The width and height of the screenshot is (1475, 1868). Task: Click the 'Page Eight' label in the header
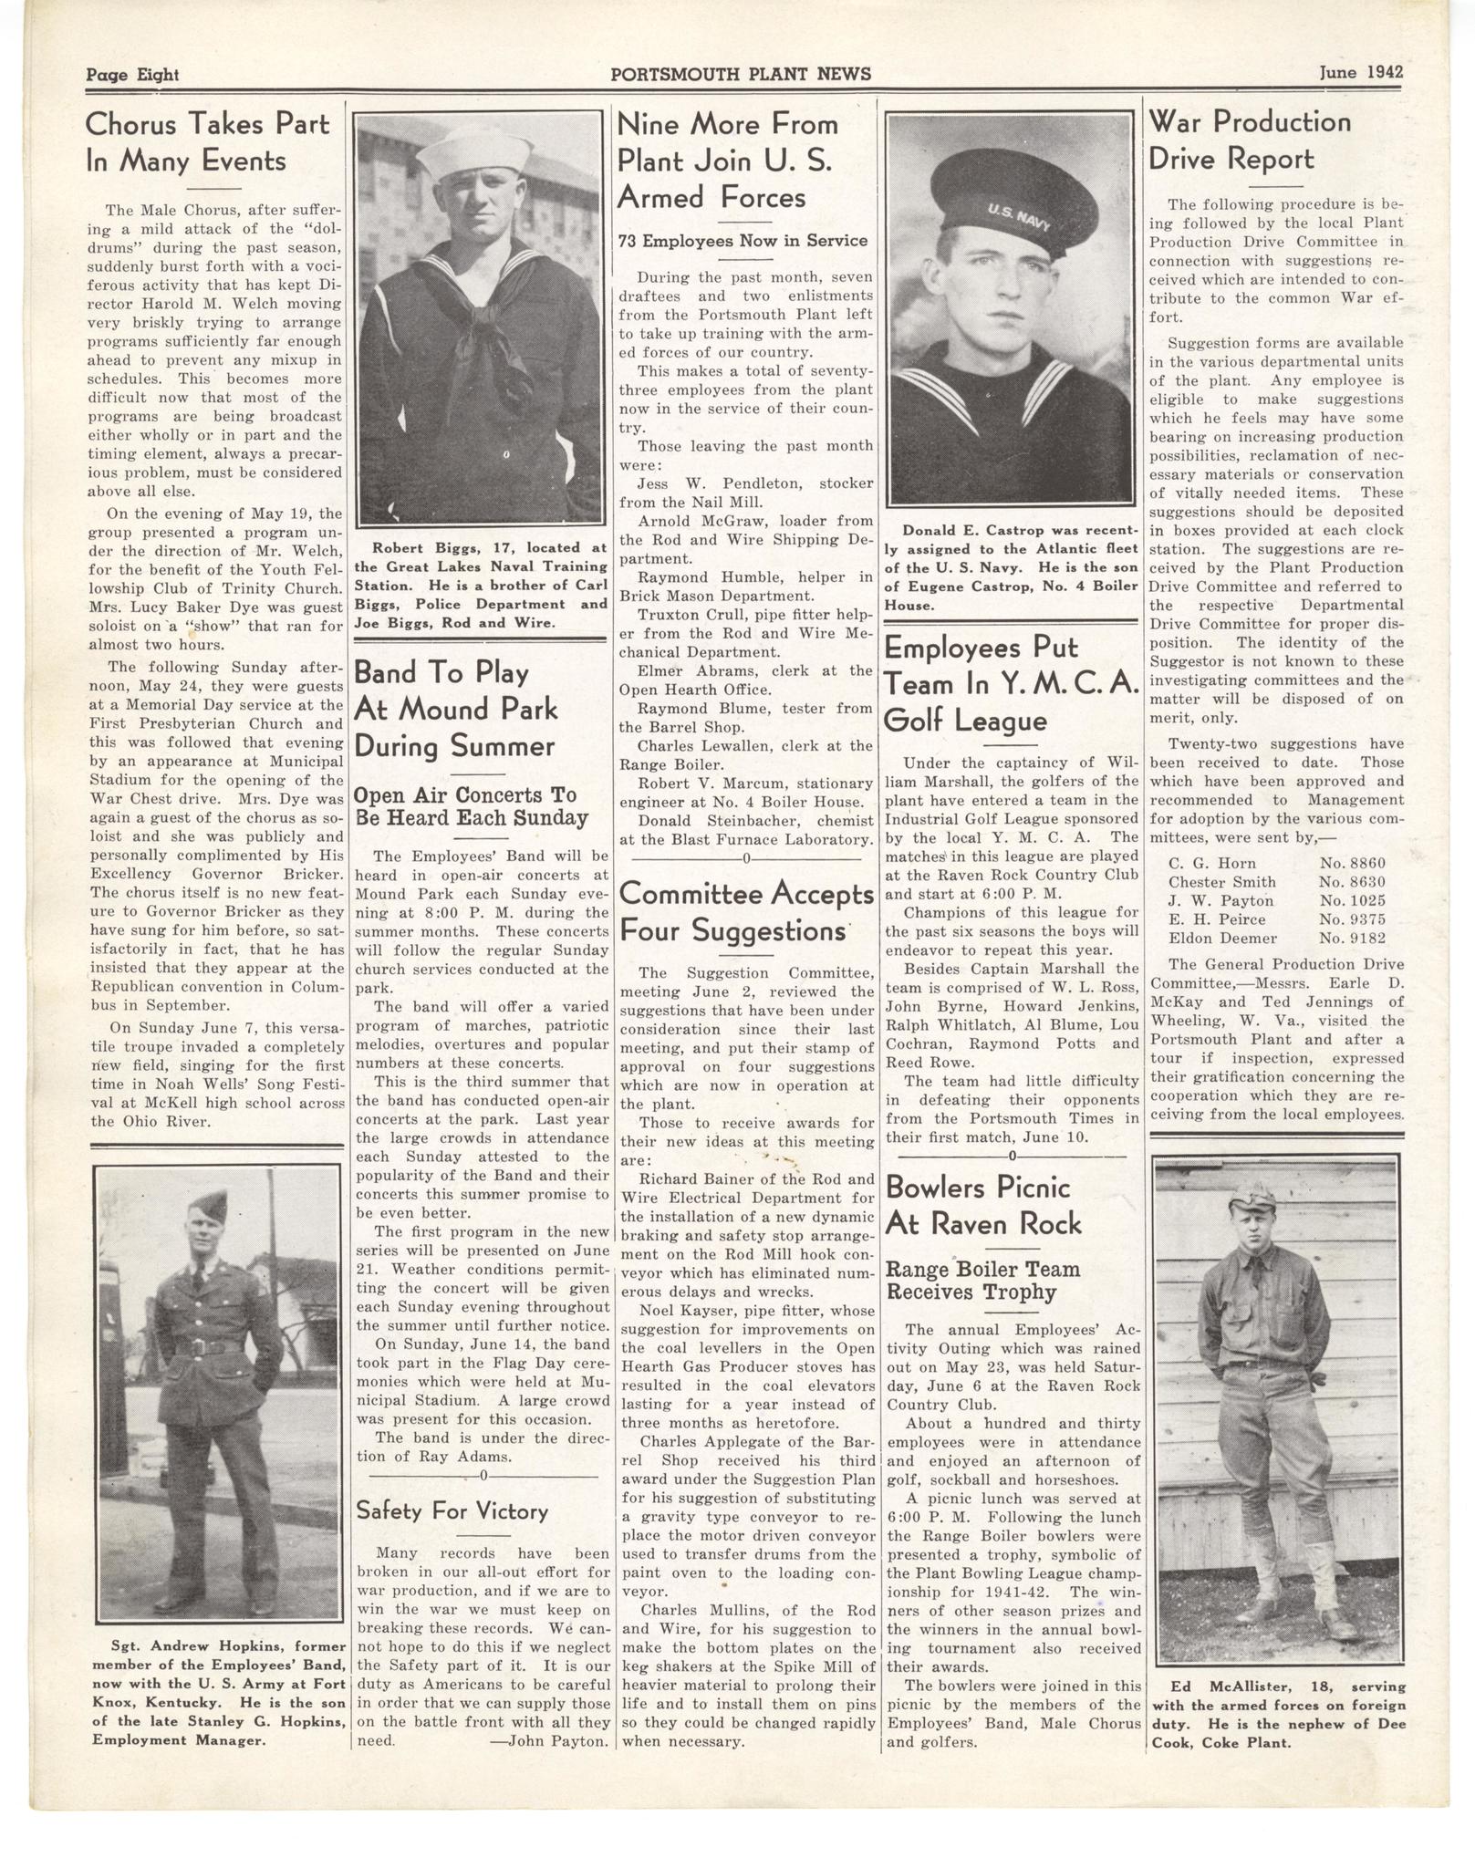[132, 75]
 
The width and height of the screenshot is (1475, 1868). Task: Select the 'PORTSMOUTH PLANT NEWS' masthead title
[741, 74]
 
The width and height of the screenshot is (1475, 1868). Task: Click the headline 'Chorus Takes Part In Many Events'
[207, 141]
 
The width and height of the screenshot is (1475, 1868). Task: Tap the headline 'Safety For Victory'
[452, 1511]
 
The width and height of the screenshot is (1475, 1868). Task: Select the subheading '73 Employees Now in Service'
[743, 241]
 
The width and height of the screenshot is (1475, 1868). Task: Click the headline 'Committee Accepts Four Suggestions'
[745, 912]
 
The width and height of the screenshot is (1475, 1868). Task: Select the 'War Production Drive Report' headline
[1249, 140]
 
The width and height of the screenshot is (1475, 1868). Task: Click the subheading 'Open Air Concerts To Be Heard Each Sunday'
[471, 806]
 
